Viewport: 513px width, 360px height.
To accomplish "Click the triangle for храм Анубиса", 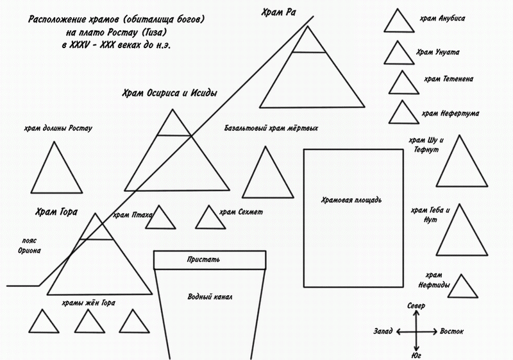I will [x=398, y=23].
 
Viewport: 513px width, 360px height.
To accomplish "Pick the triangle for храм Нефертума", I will [x=403, y=114].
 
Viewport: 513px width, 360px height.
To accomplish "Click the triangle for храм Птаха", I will [x=161, y=219].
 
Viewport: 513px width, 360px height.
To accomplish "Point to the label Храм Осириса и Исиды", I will [x=169, y=94].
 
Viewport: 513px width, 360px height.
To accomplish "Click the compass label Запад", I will [x=383, y=332].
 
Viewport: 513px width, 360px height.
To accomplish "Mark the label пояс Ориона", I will [x=29, y=246].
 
